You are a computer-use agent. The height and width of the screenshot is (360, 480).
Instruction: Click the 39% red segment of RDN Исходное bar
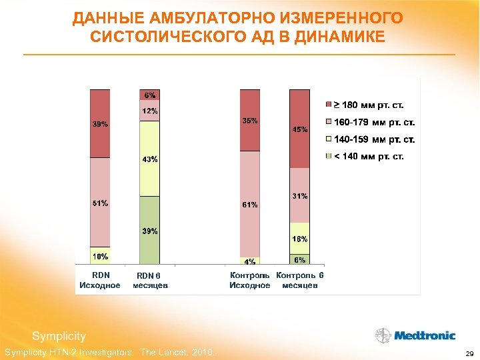point(100,123)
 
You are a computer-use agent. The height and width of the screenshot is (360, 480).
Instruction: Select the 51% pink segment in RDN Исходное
point(100,203)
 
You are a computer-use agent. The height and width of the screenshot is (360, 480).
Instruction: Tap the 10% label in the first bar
point(100,256)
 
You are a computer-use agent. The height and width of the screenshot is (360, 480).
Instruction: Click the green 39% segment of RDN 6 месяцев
point(149,231)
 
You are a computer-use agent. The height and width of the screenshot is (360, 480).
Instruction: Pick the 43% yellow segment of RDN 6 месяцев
point(149,159)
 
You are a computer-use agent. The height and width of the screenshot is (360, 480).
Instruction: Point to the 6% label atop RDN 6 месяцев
point(149,95)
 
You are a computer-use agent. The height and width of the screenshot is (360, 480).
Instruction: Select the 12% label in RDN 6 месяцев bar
point(149,110)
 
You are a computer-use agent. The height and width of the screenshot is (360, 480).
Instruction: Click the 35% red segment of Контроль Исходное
point(250,121)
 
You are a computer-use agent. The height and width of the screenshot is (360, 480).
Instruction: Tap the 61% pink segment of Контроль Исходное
point(250,205)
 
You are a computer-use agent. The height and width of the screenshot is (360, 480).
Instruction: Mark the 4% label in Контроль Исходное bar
point(250,261)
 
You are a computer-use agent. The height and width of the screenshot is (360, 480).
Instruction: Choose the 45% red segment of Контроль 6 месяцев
point(300,129)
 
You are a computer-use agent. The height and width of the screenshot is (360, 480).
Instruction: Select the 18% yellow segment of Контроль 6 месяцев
point(300,238)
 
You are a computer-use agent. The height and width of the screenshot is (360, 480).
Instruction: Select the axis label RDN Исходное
point(100,280)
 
